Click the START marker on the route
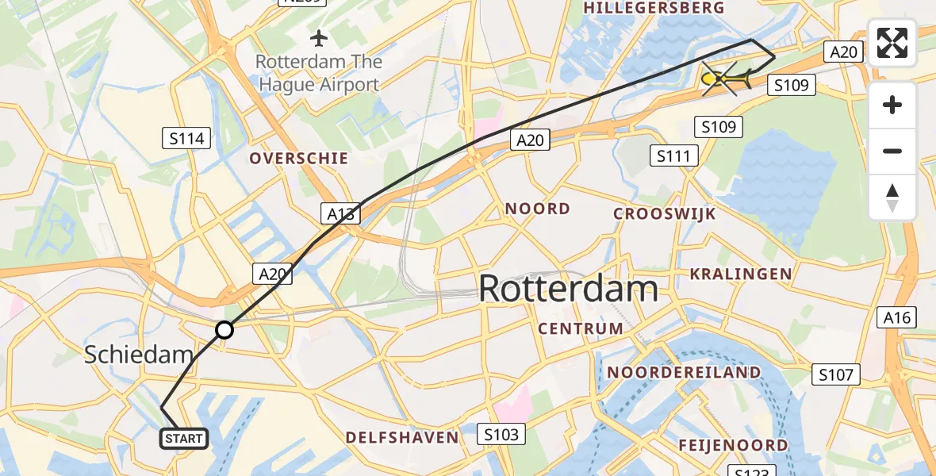(185, 438)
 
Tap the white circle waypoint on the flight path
(224, 329)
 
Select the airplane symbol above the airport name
(319, 37)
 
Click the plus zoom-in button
(892, 105)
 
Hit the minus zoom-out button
(892, 151)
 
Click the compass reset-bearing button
(892, 198)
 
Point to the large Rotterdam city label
(568, 289)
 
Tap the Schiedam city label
(138, 355)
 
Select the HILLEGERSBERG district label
(654, 8)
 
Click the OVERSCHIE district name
(299, 159)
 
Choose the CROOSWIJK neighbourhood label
(665, 214)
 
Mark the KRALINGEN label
(741, 274)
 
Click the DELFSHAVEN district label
(402, 438)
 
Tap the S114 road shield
(187, 139)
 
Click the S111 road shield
(674, 155)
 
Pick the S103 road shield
(501, 434)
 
